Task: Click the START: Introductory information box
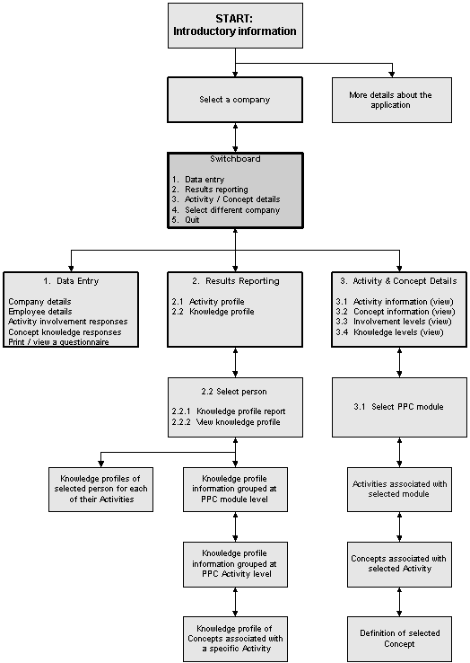point(235,26)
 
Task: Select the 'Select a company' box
point(235,100)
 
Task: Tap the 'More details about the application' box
point(392,101)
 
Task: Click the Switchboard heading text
point(235,159)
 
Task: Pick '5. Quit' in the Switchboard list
point(186,220)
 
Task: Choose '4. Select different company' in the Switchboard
point(226,209)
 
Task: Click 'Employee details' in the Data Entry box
point(40,312)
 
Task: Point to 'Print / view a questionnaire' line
point(58,342)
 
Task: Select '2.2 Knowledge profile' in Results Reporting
point(213,312)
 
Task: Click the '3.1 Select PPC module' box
point(399,407)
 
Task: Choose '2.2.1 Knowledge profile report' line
point(229,411)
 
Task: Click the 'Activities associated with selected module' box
point(399,490)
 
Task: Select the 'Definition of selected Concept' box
point(399,639)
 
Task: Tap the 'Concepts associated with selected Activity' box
point(399,564)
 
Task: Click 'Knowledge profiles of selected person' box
point(101,490)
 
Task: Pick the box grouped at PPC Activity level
point(235,564)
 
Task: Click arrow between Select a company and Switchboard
point(235,137)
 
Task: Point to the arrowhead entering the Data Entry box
point(71,268)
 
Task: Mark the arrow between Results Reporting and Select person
point(235,362)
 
